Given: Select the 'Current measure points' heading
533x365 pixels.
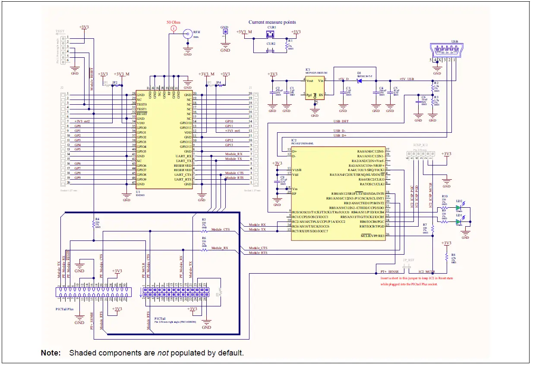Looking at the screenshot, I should (272, 22).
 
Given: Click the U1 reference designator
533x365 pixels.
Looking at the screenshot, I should (138, 191).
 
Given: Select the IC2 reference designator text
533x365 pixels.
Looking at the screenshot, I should (293, 140).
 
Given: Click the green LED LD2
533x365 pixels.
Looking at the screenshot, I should (459, 209).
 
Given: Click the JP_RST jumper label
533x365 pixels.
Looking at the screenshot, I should (408, 261).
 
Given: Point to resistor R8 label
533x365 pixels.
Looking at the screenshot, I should (453, 255).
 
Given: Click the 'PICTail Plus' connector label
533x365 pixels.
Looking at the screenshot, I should (65, 309).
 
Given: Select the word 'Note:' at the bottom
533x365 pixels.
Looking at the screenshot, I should (51, 353).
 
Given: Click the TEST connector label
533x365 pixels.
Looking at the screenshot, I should (60, 31).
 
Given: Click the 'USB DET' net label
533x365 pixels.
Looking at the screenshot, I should (341, 122).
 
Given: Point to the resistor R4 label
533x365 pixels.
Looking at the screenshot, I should (97, 219).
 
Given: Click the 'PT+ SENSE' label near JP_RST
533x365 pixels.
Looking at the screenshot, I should (389, 272).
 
